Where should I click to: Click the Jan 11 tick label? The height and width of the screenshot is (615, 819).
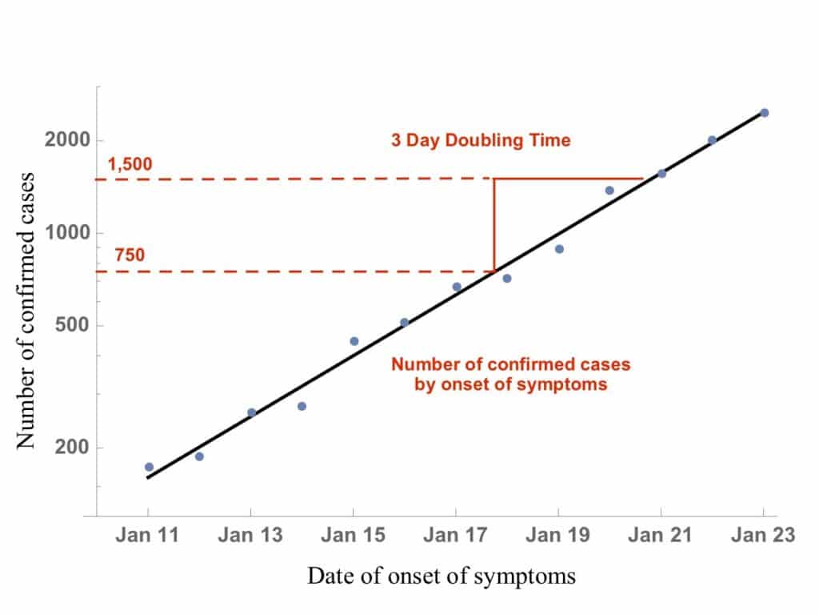coord(148,536)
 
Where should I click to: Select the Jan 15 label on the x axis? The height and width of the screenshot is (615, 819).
coord(353,536)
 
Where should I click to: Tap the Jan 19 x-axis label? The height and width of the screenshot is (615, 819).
coord(558,536)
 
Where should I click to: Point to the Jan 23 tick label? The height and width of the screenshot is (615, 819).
coord(763,536)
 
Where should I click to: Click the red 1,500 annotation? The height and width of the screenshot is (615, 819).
coord(129,165)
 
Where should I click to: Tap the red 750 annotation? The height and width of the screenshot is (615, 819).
coord(129,256)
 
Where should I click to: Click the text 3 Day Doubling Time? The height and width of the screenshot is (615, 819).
coord(481,141)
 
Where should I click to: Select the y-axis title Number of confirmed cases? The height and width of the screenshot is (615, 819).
coord(26,310)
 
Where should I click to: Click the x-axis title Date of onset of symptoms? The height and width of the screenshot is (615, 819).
coord(441,576)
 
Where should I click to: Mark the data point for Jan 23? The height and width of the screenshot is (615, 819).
coord(764,113)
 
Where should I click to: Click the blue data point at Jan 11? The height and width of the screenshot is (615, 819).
coord(149,467)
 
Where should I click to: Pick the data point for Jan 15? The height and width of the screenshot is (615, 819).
coord(354,341)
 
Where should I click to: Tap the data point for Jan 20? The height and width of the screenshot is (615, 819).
coord(609,191)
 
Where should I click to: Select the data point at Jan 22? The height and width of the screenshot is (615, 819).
coord(712,140)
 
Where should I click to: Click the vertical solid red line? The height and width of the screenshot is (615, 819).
coord(494,224)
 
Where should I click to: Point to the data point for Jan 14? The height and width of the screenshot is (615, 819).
coord(302,406)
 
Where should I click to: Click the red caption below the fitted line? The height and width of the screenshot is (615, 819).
coord(510,374)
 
